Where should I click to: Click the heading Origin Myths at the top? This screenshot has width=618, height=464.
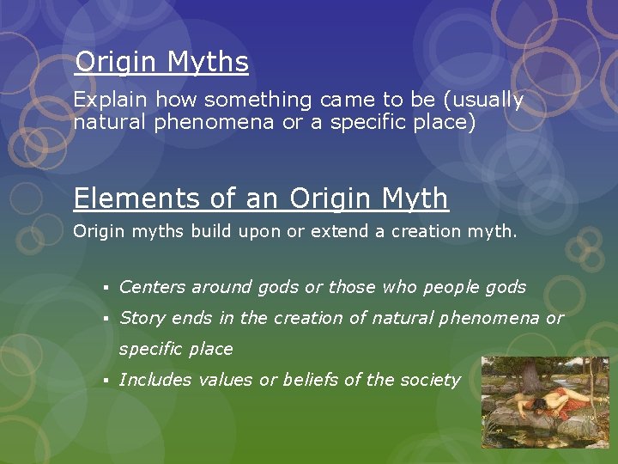[161, 62]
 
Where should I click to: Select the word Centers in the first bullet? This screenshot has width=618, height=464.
[151, 287]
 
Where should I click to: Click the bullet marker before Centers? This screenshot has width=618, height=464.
[104, 288]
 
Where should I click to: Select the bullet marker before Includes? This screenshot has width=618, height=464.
[104, 381]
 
